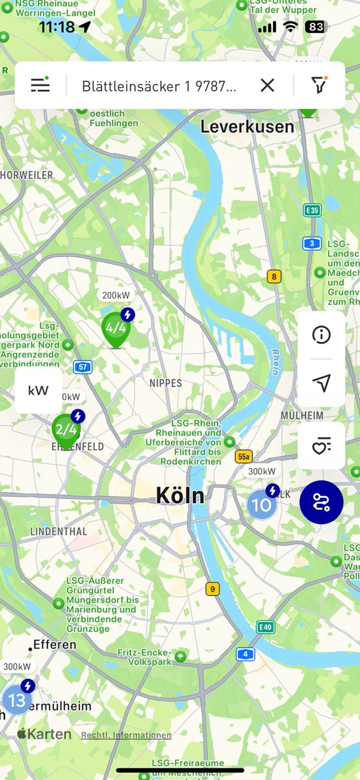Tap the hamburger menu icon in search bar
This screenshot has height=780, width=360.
[x=40, y=85]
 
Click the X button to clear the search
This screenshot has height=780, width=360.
[x=267, y=85]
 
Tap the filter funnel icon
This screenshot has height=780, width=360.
[x=318, y=85]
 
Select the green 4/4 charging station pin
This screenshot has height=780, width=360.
[x=116, y=328]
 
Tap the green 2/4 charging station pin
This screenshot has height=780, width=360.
[x=66, y=429]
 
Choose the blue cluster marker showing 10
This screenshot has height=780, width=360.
[x=261, y=504]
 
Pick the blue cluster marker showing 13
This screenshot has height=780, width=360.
[x=17, y=700]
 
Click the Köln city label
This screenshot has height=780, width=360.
[x=180, y=496]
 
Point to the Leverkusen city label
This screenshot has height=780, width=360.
[x=247, y=126]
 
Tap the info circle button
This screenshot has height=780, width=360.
[x=322, y=335]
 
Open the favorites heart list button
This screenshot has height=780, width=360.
[x=322, y=446]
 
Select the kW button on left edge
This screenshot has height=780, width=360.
[x=38, y=391]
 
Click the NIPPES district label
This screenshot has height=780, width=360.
[x=166, y=383]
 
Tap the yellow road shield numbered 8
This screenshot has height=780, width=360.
[x=274, y=276]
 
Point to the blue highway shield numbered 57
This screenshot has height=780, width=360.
[x=83, y=367]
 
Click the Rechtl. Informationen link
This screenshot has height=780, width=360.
[x=126, y=735]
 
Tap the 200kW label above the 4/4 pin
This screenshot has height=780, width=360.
[x=116, y=295]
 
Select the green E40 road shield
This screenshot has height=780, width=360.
[x=264, y=627]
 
